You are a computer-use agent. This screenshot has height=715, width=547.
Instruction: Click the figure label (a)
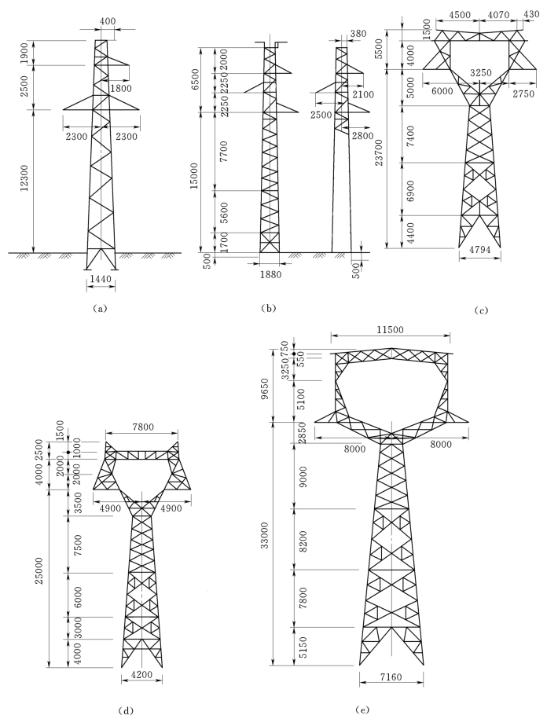click(x=99, y=309)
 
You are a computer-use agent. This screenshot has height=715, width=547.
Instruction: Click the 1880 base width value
click(x=270, y=275)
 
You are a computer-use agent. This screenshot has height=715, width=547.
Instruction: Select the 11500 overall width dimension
click(x=391, y=328)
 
